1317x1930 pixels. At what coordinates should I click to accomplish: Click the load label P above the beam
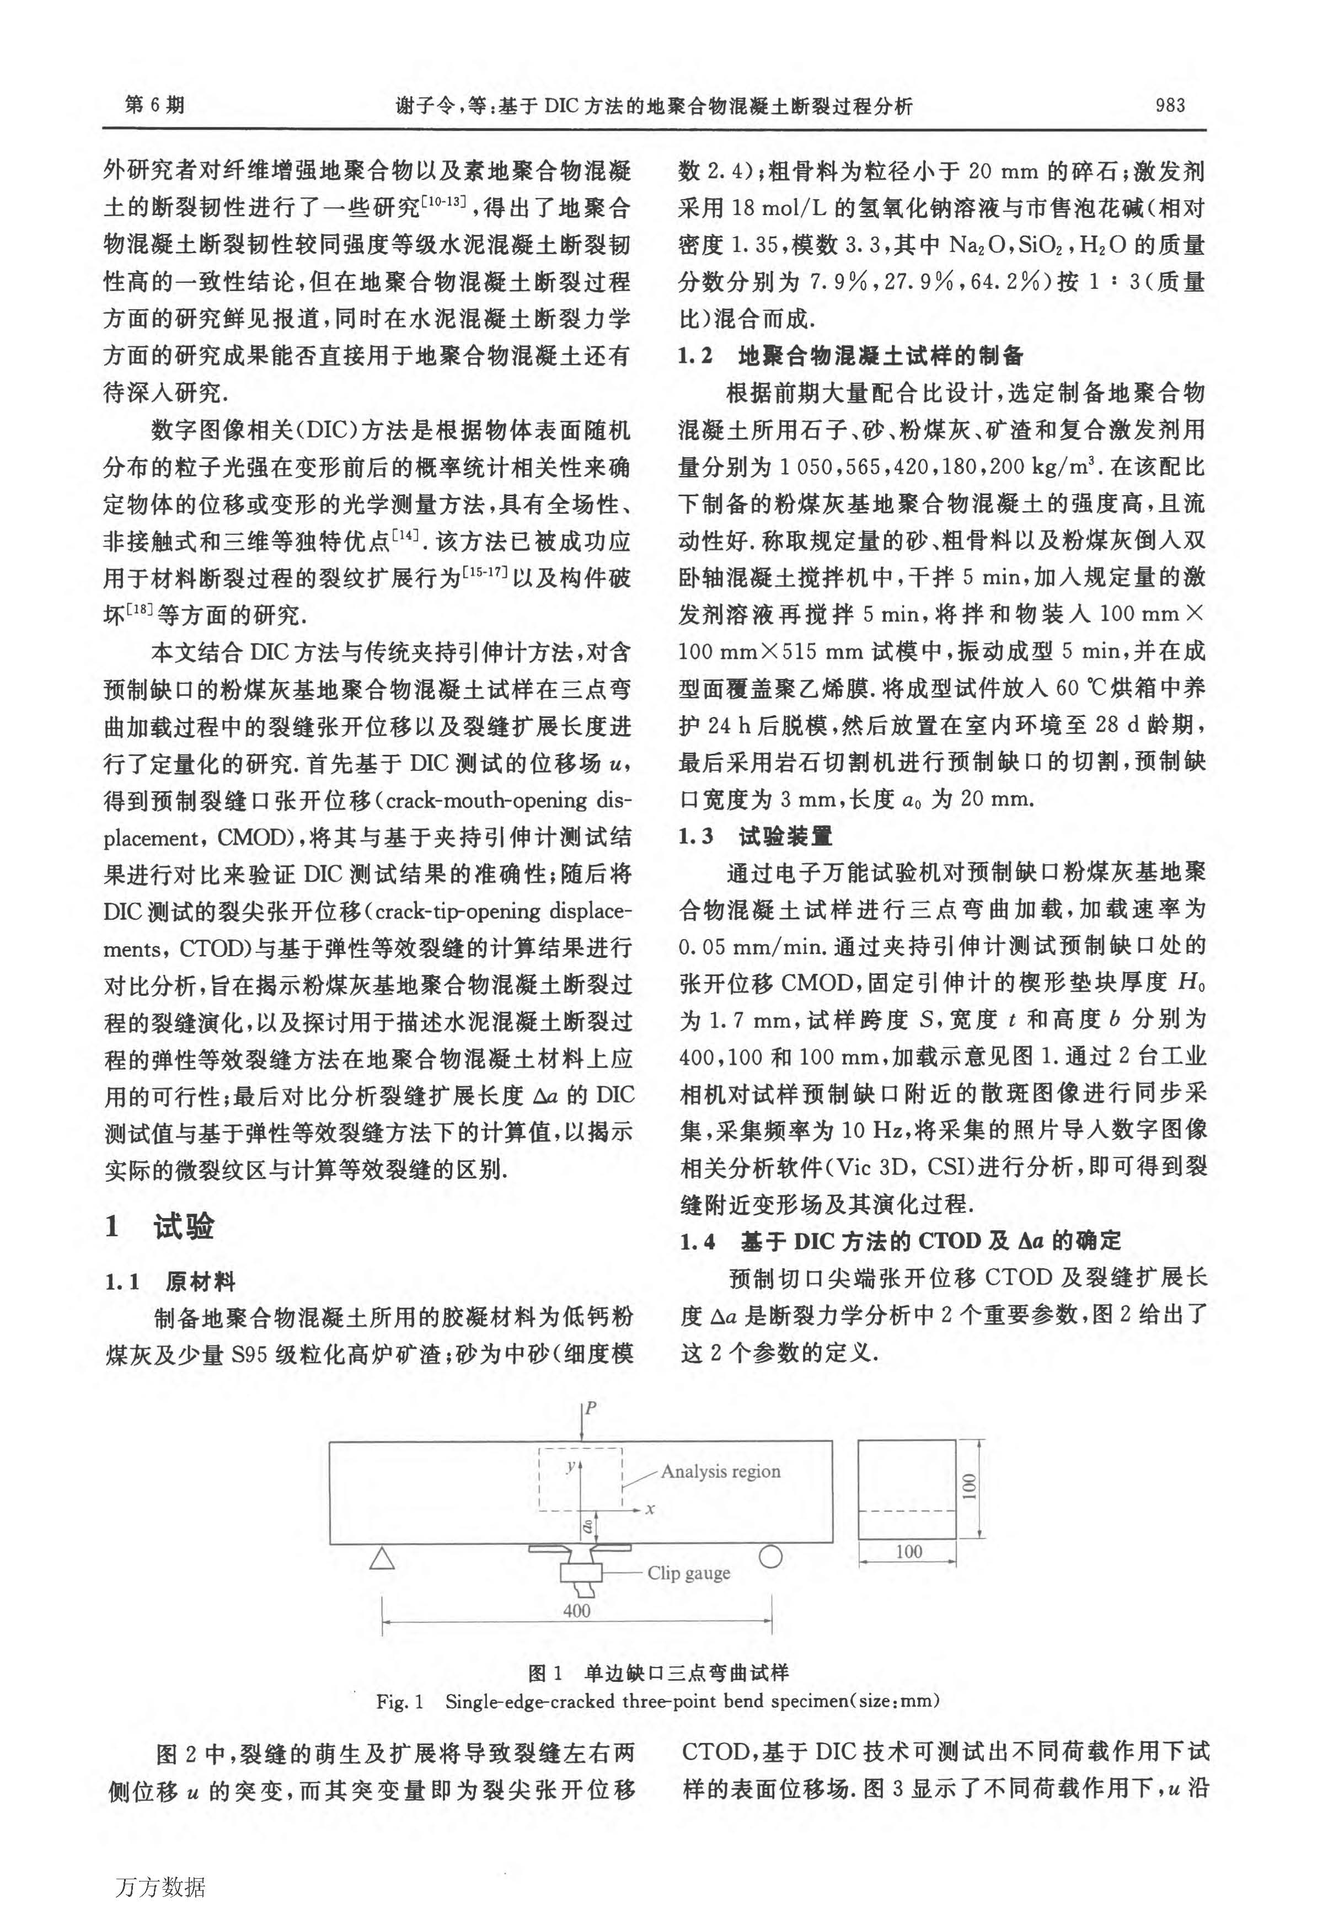click(x=591, y=1408)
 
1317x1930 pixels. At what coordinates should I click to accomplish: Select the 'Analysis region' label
click(x=720, y=1472)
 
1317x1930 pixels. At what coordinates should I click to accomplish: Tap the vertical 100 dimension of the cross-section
click(x=969, y=1486)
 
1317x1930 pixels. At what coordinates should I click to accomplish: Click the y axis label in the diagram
click(x=570, y=1467)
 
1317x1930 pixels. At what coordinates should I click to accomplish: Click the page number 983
click(x=1169, y=105)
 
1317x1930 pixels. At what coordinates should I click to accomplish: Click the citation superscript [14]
click(x=406, y=534)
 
